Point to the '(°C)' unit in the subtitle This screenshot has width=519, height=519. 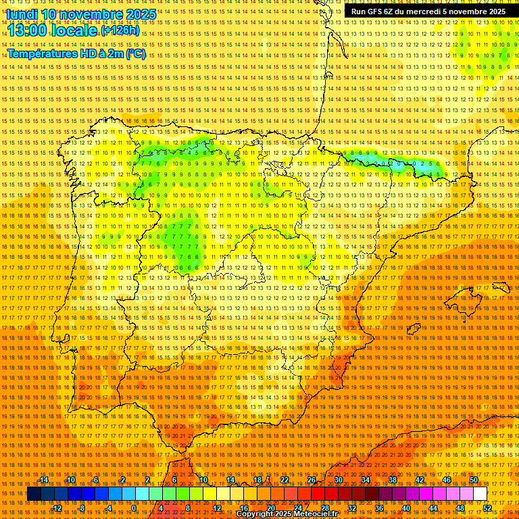point(135,53)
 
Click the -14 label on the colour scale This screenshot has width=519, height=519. point(44,480)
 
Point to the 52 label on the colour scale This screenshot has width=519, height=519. point(487,508)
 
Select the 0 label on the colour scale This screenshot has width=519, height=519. point(134,508)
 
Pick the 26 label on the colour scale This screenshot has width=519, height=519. point(312,480)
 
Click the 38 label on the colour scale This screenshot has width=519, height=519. point(392,480)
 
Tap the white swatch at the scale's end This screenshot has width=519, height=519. point(480,494)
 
